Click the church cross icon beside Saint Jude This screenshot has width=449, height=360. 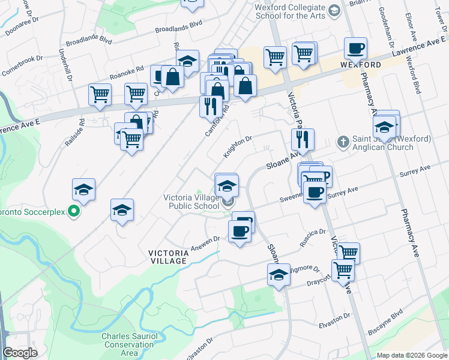tap(343, 142)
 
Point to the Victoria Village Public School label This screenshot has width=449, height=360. tap(191, 202)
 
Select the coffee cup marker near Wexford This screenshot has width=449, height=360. tap(355, 47)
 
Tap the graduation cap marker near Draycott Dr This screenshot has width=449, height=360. tap(279, 275)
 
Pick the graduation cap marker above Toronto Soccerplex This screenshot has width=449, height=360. tap(83, 190)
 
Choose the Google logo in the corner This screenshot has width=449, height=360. tap(20, 353)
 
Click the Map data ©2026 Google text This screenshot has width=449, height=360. tap(412, 355)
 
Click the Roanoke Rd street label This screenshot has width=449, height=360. tap(127, 73)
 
